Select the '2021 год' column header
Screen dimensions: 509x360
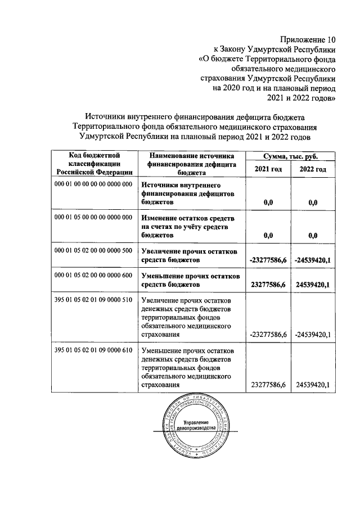[268, 169]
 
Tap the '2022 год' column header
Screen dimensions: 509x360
[313, 169]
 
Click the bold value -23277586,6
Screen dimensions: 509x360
[268, 260]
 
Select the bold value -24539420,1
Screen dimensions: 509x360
[313, 260]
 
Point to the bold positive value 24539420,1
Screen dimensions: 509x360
[313, 285]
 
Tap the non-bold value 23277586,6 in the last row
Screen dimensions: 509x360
[268, 385]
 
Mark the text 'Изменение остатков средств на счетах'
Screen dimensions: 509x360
[188, 222]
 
